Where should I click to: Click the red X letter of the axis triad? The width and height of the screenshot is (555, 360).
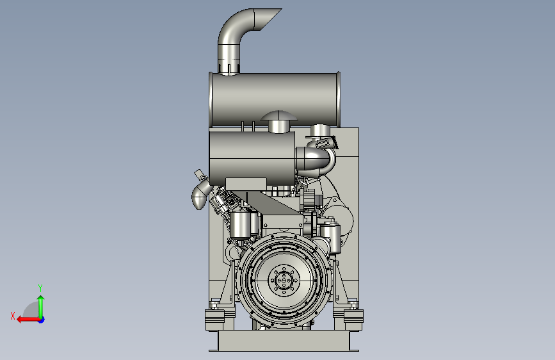(x=13, y=316)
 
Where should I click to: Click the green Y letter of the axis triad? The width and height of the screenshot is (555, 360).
(x=40, y=288)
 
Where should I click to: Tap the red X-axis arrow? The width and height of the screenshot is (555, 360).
(x=28, y=320)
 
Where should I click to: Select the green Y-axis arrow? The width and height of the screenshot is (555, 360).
(x=41, y=307)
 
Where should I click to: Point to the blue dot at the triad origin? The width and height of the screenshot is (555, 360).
(x=42, y=320)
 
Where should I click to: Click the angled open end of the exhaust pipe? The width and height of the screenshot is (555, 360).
(x=268, y=19)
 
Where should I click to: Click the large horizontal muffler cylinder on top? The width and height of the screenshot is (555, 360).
(x=275, y=100)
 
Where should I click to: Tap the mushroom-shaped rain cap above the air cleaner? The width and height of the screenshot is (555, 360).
(x=278, y=116)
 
